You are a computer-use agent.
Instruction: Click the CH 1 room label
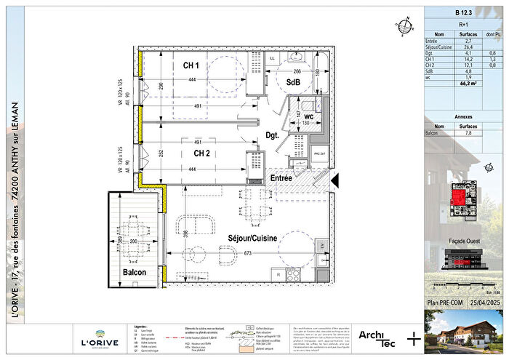(192, 66)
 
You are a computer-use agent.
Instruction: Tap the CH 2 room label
(201, 153)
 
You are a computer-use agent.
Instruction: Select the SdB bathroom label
(293, 82)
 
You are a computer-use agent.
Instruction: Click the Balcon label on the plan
(134, 272)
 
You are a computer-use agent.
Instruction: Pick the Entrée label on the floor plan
(281, 177)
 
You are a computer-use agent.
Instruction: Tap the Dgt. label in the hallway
(272, 134)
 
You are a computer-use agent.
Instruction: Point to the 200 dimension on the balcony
(134, 240)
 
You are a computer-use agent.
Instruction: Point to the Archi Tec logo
(376, 336)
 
